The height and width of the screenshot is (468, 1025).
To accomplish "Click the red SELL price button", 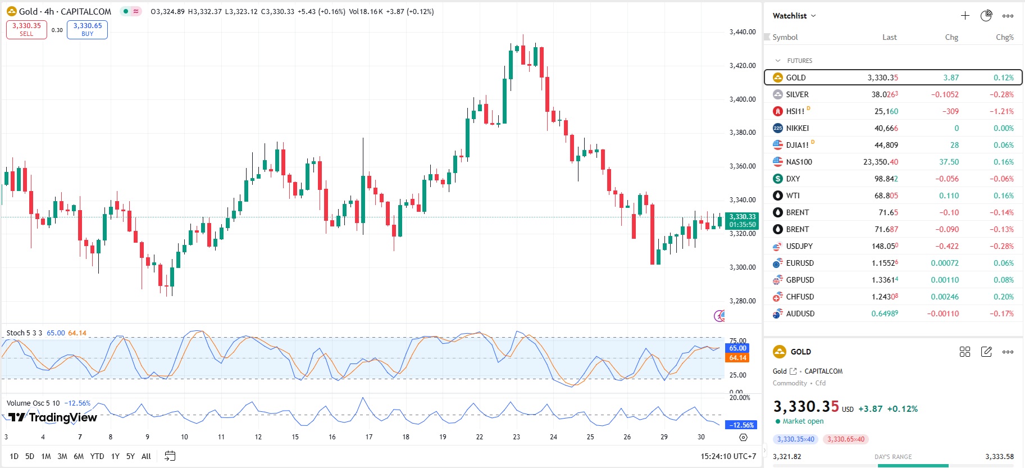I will [26, 29].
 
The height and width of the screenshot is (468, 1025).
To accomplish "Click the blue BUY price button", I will [87, 29].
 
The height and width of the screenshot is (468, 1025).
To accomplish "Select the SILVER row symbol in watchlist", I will [797, 94].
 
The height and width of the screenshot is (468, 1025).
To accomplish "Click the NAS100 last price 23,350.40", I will [880, 162].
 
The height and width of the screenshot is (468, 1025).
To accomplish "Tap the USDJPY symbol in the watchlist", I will [799, 246].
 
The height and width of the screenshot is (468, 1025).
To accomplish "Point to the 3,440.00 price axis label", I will [742, 32].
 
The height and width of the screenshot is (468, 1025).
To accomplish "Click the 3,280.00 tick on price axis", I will [742, 301].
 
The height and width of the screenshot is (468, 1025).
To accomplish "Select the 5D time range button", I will [30, 456].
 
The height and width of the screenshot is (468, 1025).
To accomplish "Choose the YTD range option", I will [97, 456].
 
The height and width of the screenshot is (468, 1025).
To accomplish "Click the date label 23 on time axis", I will [516, 437].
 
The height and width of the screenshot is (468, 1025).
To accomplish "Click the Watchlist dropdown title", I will [794, 16].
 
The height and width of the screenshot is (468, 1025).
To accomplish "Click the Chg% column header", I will [1004, 37].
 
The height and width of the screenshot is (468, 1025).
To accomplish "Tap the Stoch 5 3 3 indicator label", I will [24, 333].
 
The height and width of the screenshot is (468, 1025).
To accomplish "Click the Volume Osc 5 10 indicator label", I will [33, 403].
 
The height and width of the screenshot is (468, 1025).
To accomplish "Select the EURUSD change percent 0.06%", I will [1003, 263].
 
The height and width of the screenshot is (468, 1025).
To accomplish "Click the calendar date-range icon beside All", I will [170, 456].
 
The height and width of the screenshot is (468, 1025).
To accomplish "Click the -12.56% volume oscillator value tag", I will [741, 425].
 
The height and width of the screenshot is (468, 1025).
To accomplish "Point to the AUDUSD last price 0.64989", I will [884, 313].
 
